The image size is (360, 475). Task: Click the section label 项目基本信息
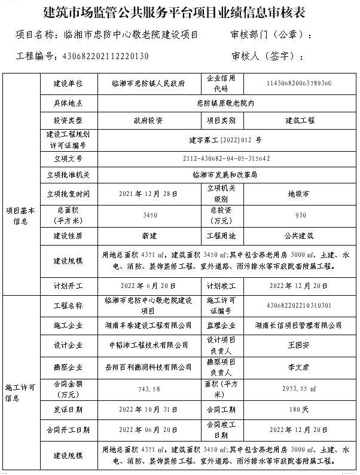pos(21,215)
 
